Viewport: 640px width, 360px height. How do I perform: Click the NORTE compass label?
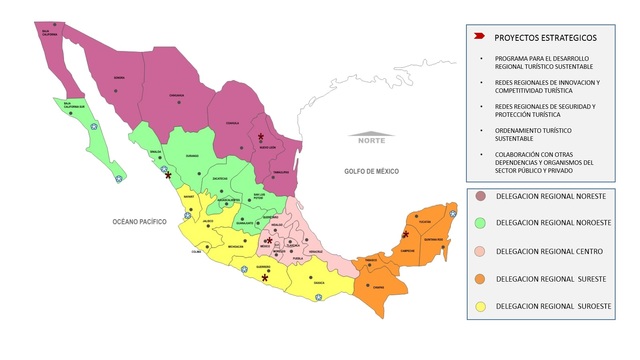[x=370, y=139]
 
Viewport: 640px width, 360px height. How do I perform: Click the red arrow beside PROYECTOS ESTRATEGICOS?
[x=480, y=36]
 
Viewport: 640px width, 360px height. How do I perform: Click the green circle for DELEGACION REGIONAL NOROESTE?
[x=480, y=223]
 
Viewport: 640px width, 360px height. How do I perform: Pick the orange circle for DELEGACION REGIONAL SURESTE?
[x=480, y=278]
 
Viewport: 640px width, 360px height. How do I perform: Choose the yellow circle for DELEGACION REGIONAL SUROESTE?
[x=480, y=305]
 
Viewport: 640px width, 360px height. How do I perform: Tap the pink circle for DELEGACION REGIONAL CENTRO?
[x=480, y=251]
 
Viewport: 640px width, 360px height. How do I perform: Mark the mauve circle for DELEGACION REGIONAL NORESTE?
[x=480, y=196]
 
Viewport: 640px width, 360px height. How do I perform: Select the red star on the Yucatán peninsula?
[x=405, y=234]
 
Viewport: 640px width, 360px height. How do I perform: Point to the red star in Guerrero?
[x=264, y=278]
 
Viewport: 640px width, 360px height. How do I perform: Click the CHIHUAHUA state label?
[x=176, y=97]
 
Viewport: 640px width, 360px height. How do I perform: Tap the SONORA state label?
[x=119, y=77]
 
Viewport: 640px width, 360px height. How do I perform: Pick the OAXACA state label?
[x=319, y=283]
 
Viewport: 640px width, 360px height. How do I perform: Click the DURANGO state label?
[x=193, y=156]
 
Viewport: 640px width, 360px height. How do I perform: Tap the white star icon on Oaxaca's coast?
[x=318, y=298]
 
